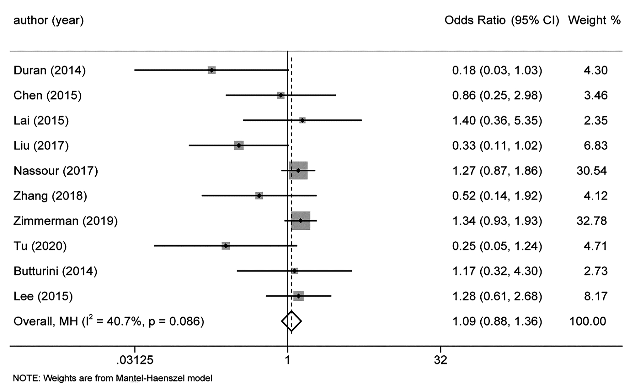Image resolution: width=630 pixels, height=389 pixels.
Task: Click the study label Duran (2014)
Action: [x=49, y=70]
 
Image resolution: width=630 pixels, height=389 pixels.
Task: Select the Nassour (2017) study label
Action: [x=56, y=171]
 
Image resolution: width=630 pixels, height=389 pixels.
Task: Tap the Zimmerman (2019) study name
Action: [x=65, y=221]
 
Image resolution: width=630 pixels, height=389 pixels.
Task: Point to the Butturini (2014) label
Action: [x=55, y=271]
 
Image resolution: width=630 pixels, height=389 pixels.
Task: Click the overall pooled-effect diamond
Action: [x=291, y=321]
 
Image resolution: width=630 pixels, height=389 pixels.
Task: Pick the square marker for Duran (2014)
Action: [x=212, y=70]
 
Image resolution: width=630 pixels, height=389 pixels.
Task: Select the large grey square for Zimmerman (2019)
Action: [x=301, y=221]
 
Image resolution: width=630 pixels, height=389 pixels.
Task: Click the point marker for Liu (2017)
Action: [x=239, y=145]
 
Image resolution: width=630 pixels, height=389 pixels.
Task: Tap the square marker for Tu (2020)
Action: [x=226, y=246]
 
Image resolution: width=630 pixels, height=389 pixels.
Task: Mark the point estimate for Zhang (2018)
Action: [x=259, y=196]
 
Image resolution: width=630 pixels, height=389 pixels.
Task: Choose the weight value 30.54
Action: [x=591, y=171]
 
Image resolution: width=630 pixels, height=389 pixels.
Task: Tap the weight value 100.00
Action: [x=588, y=321]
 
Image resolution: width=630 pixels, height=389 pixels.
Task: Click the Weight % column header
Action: [x=594, y=20]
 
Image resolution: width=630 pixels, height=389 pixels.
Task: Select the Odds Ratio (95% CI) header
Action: [x=502, y=20]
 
